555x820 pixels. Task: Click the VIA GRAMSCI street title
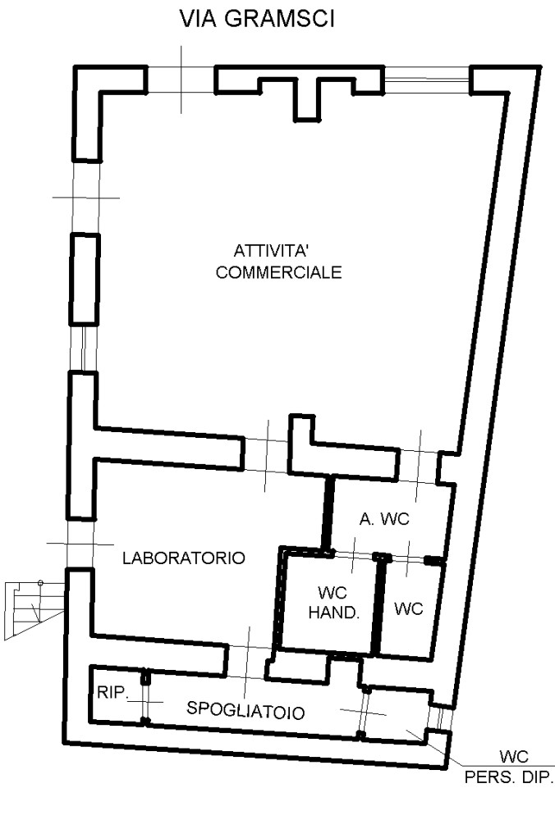[257, 19]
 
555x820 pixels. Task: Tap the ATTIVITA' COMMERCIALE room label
[278, 262]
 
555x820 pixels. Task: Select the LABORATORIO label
[184, 558]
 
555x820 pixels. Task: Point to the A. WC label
[384, 519]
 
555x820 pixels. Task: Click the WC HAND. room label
[333, 603]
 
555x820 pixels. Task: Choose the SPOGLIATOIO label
[245, 711]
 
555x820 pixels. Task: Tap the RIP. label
[112, 692]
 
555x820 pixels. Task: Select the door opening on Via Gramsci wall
[181, 80]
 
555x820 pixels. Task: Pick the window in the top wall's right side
[427, 80]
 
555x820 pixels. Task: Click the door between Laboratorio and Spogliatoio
[248, 662]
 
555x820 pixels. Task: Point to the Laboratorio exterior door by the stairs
[80, 544]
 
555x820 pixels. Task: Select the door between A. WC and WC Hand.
[354, 555]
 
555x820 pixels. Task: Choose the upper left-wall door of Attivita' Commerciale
[86, 198]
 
